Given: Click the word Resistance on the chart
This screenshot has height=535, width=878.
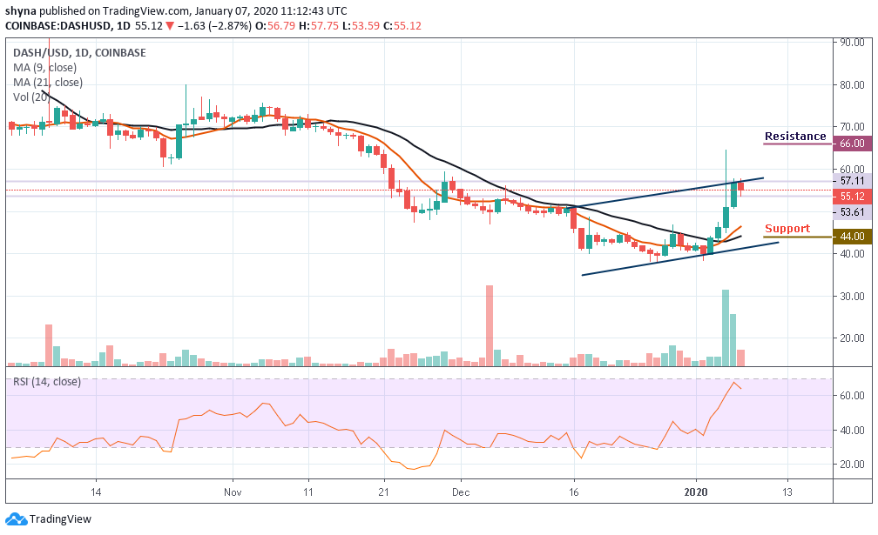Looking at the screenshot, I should [x=795, y=137].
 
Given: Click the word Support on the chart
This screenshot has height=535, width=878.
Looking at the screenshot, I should [x=787, y=230].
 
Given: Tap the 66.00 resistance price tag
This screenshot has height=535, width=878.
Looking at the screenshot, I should [x=850, y=144].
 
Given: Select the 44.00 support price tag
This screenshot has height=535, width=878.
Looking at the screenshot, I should [x=850, y=237].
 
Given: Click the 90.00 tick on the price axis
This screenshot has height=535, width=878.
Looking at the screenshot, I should [x=850, y=42].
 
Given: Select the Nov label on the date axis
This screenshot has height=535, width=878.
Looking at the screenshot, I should [x=233, y=491].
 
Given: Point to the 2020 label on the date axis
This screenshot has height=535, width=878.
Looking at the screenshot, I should [x=696, y=491].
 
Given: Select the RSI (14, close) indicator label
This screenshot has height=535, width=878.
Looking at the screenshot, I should [x=49, y=380].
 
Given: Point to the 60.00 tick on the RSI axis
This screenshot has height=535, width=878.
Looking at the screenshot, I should [x=850, y=395].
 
